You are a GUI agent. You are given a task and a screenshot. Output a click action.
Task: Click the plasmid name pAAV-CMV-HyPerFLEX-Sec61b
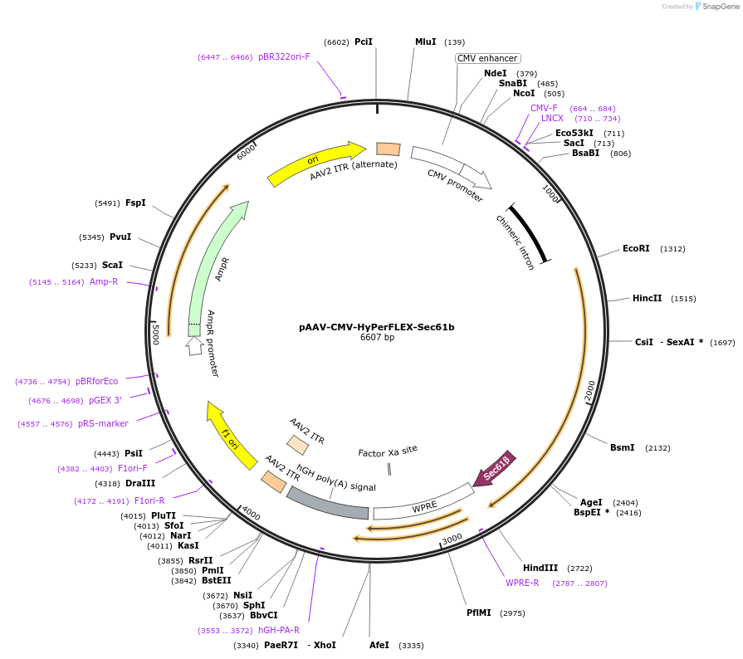[x=376, y=327]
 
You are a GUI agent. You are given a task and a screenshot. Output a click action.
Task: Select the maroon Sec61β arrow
[x=495, y=470]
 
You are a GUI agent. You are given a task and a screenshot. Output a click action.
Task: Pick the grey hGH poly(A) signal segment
[x=327, y=503]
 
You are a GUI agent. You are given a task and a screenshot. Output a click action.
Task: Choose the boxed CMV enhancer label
[x=487, y=58]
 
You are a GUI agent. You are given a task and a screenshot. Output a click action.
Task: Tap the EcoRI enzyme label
[x=636, y=249]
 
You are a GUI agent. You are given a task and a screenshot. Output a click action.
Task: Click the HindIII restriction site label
[x=540, y=568]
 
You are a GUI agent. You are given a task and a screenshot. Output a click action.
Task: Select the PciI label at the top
[x=364, y=41]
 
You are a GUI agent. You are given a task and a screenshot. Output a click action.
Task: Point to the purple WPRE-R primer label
[x=522, y=583]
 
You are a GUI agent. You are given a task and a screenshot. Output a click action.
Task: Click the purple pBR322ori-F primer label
[x=284, y=57]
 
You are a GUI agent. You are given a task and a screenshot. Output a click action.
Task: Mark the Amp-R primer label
[x=104, y=282]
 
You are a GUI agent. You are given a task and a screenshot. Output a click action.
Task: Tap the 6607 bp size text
[x=376, y=338]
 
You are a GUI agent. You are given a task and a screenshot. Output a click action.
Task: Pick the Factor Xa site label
[x=388, y=452]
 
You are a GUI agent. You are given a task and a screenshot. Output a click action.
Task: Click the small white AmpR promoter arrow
[x=194, y=345]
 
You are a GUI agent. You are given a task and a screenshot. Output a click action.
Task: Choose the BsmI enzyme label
[x=622, y=448]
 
